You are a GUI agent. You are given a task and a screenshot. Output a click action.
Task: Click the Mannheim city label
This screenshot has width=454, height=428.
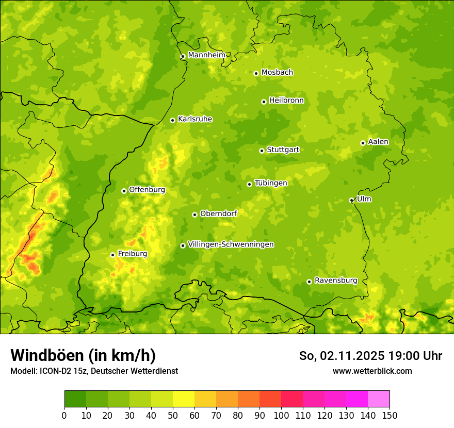tap(206, 55)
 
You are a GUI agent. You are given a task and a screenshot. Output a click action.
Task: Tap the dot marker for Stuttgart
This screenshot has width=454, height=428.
tap(262, 151)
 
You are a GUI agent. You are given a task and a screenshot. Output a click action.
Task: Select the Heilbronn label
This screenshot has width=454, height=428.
tap(286, 101)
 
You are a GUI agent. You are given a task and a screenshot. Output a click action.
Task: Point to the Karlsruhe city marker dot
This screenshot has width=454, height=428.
tap(172, 120)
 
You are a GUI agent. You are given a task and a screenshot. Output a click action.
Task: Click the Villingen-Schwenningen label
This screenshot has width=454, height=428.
tap(231, 244)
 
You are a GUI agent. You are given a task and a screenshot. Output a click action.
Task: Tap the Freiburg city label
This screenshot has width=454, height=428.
tap(132, 254)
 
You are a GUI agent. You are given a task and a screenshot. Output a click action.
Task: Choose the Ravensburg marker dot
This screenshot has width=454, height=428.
tap(309, 282)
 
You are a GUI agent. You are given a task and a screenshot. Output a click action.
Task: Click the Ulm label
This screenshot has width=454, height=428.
tap(364, 199)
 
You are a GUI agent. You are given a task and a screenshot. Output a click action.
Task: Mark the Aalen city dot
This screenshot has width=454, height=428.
tap(363, 143)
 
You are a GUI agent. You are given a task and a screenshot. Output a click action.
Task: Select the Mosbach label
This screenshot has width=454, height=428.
tap(277, 73)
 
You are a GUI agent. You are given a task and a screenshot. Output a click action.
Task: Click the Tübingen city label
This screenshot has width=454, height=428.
tap(271, 183)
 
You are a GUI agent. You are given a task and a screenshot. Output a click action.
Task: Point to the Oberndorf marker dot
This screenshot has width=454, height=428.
tap(194, 215)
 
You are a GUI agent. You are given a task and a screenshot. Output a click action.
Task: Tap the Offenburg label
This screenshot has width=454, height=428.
tap(147, 190)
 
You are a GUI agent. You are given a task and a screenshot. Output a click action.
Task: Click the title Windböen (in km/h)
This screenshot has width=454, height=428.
tap(83, 355)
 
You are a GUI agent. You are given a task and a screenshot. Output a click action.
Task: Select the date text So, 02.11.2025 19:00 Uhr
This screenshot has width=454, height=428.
tap(370, 356)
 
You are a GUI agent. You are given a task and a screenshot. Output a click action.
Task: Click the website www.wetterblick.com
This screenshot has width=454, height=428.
tap(372, 371)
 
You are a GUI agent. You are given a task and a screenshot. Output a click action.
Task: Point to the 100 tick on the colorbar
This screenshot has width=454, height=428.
tap(281, 415)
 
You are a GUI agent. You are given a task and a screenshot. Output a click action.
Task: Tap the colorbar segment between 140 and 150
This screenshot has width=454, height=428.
tap(379, 399)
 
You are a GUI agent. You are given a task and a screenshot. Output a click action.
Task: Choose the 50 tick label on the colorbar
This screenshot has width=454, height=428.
tap(173, 415)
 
